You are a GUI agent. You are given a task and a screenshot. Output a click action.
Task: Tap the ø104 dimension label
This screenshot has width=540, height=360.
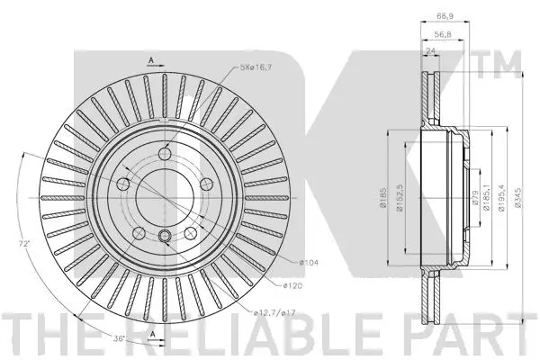309,262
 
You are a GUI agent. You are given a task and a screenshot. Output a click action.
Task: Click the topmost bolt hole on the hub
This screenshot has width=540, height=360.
166,156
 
